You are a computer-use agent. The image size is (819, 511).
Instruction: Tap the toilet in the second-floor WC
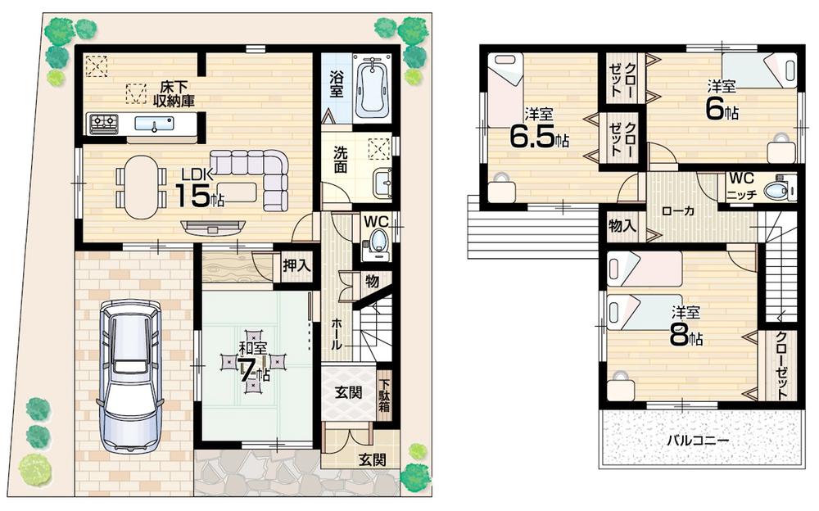(774, 191)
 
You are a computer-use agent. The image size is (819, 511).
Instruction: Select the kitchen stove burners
(104, 124)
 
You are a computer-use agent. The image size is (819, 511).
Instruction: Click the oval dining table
(140, 187)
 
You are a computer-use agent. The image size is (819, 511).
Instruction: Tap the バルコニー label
(697, 441)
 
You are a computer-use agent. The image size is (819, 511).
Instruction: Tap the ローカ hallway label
(677, 211)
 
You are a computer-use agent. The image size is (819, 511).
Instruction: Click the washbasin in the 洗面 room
(381, 183)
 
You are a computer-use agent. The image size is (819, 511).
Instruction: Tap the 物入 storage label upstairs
(623, 225)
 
